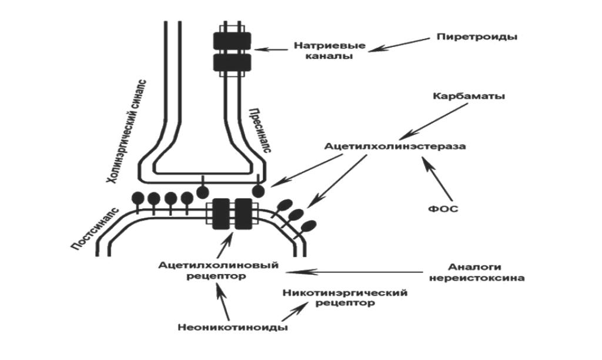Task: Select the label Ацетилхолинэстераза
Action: [x=395, y=146]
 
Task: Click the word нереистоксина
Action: [x=485, y=278]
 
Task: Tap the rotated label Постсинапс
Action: [x=95, y=228]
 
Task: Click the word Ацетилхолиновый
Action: [x=218, y=265]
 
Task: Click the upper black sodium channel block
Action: [x=232, y=40]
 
